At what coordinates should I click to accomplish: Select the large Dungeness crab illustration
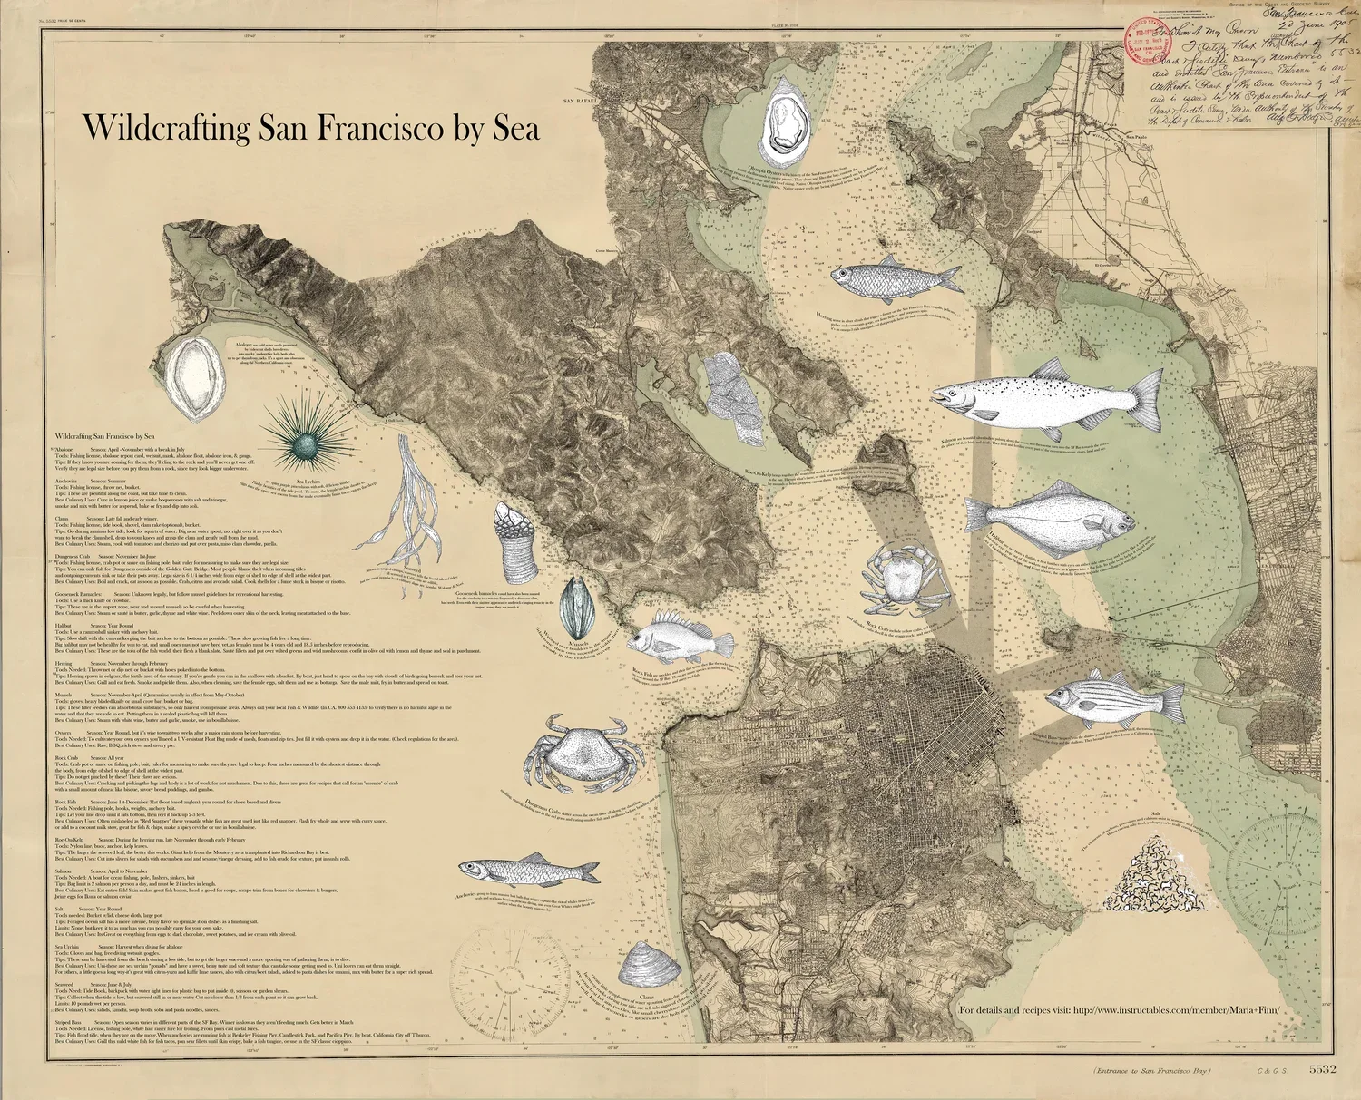click(x=576, y=753)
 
